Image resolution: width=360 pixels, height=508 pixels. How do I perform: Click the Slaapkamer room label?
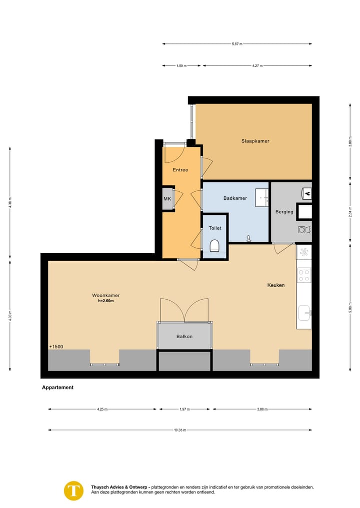coord(255,141)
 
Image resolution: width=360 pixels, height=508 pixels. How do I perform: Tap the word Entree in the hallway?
coord(180,170)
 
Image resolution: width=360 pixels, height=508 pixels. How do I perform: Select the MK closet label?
coord(167,199)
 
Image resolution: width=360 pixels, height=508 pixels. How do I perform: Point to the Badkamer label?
coord(235,198)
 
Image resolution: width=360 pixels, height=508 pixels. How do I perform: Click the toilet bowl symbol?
coord(214,246)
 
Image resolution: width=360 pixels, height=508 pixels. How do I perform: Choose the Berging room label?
coord(284,212)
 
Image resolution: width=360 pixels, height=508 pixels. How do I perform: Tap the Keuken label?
coord(275,285)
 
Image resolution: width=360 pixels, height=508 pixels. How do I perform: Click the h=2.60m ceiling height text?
coord(105,301)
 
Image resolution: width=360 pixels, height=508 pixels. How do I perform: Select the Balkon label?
coord(184,336)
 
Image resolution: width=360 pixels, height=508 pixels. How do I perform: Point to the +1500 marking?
coord(56,347)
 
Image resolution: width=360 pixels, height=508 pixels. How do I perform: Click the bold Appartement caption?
coord(57,387)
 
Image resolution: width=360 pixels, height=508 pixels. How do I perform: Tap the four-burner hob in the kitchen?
coord(303,275)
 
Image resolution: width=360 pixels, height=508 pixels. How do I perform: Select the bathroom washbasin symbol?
coord(261,197)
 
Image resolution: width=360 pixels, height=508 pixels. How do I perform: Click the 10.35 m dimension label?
coord(179,430)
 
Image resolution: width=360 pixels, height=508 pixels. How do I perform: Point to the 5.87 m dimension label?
coord(237,44)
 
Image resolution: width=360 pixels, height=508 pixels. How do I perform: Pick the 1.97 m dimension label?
coord(184,410)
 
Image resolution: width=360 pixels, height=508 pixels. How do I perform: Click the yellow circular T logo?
coord(74,490)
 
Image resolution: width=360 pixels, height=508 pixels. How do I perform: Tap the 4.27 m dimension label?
coord(257,65)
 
